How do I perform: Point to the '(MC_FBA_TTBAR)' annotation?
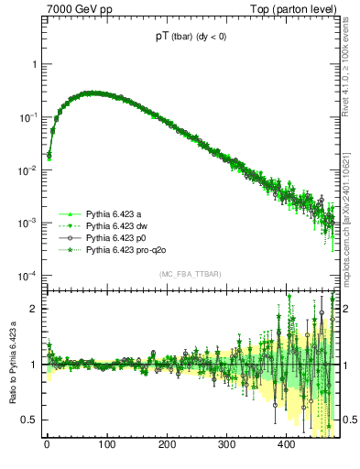tap(190, 274)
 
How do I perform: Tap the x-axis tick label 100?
tap(106, 444)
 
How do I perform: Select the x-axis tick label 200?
tap(167, 444)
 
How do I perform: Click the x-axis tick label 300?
tap(226, 444)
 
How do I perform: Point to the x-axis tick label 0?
tap(47, 444)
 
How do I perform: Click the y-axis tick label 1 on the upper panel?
tap(35, 65)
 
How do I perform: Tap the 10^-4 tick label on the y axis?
tap(28, 276)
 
